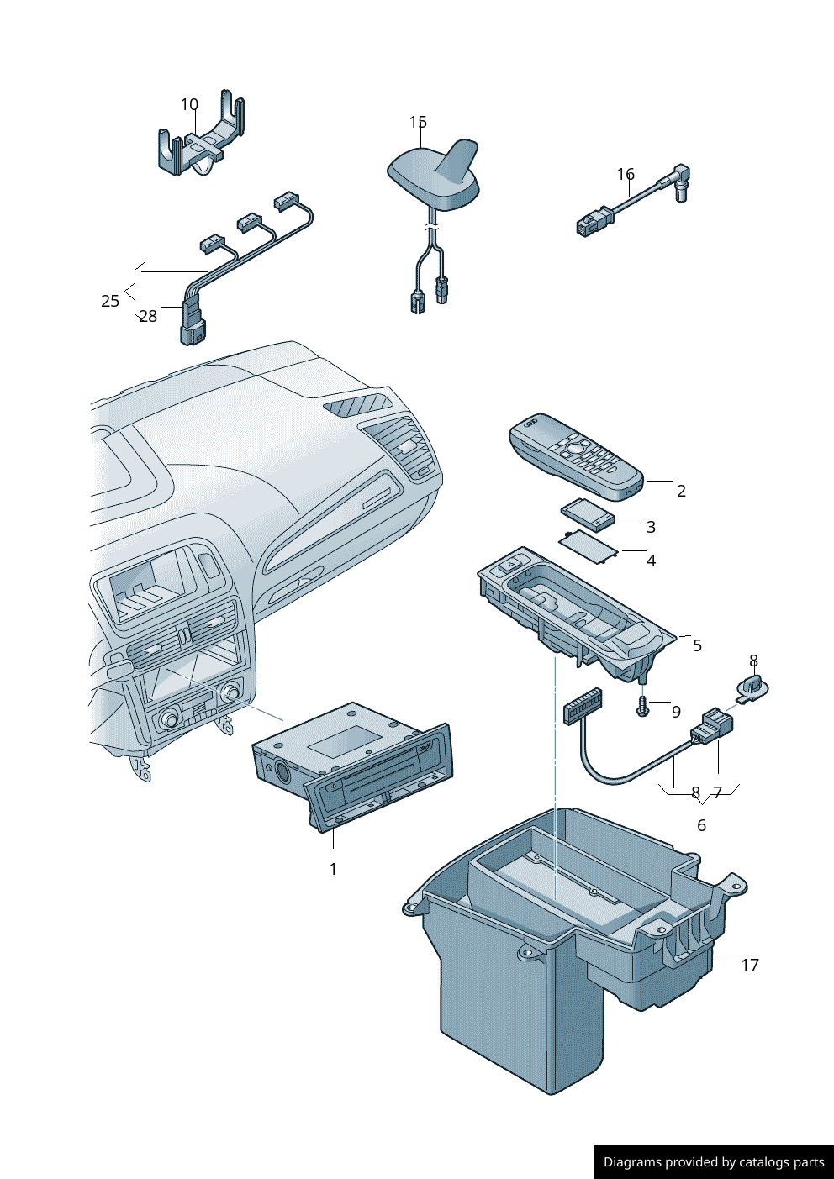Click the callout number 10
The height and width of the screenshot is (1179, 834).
(189, 105)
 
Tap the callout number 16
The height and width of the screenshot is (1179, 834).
(625, 174)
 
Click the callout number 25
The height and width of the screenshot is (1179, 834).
(110, 301)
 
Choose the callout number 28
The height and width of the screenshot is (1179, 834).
(149, 316)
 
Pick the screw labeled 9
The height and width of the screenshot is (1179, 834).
(641, 706)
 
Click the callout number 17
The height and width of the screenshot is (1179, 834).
(750, 965)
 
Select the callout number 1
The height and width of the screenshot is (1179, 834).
(333, 869)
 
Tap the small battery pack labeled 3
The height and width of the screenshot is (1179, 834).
(589, 513)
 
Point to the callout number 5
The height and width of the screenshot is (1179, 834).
(697, 645)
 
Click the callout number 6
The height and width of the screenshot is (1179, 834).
(701, 825)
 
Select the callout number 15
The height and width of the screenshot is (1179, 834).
(418, 122)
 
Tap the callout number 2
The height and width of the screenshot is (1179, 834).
(681, 491)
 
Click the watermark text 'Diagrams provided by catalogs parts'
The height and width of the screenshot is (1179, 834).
(714, 1161)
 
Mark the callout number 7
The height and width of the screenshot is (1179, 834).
(717, 792)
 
